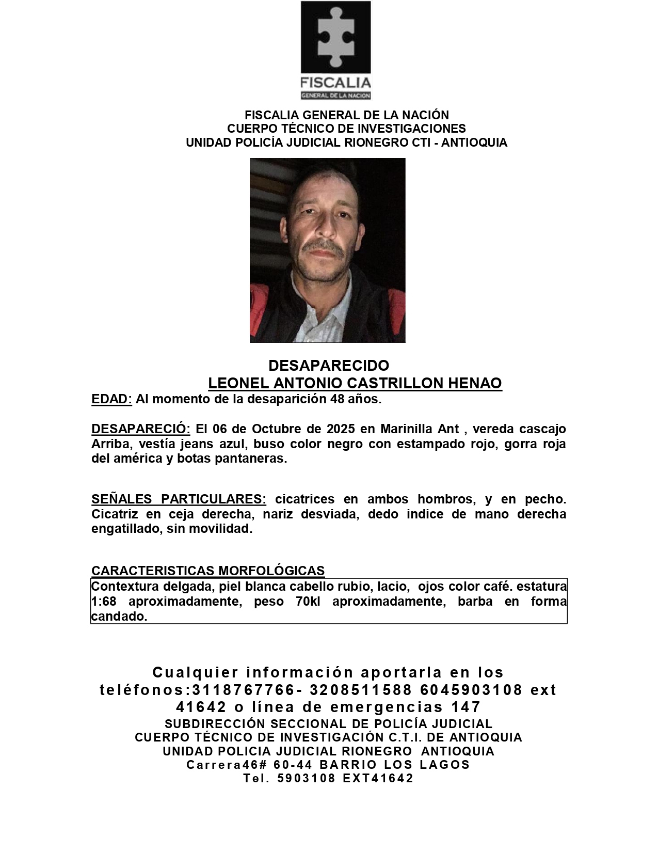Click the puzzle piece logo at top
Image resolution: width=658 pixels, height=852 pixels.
tap(335, 38)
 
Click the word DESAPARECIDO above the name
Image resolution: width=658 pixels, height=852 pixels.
tap(329, 366)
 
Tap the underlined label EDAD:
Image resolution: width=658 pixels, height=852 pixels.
tap(111, 399)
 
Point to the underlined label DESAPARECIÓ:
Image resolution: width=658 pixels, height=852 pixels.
tap(141, 429)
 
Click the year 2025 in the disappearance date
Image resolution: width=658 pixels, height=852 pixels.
tap(341, 429)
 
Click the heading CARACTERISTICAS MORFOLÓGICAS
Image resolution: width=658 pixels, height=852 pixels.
tap(208, 571)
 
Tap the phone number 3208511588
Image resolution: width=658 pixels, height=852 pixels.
tap(361, 690)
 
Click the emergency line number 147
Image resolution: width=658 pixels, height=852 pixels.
tap(466, 707)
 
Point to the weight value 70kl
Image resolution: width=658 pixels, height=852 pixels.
tap(308, 602)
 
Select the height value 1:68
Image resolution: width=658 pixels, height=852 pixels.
tap(104, 602)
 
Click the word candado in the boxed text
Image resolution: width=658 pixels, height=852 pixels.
tap(118, 617)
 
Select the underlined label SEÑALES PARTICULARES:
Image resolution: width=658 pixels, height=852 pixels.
tap(179, 499)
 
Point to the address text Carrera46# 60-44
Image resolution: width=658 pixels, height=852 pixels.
tap(250, 765)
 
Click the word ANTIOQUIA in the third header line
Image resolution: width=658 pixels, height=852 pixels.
tap(474, 143)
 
